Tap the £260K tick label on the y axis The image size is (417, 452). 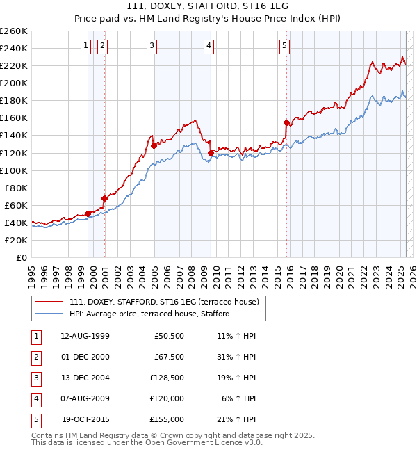click(14, 31)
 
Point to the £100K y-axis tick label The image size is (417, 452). click(14, 170)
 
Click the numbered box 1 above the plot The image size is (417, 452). click(85, 47)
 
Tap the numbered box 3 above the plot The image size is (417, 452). click(152, 47)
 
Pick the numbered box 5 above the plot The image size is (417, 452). click(285, 47)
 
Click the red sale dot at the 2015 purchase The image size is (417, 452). click(286, 122)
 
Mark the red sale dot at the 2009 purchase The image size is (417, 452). click(211, 153)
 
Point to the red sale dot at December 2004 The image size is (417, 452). click(154, 146)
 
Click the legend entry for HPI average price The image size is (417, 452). click(149, 314)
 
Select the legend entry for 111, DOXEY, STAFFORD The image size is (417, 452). click(164, 302)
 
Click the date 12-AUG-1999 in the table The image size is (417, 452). click(85, 336)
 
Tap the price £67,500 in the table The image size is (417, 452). click(169, 357)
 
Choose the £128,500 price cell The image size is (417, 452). click(167, 378)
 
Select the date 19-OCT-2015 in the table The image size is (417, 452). click(86, 419)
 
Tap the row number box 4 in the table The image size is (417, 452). click(35, 398)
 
